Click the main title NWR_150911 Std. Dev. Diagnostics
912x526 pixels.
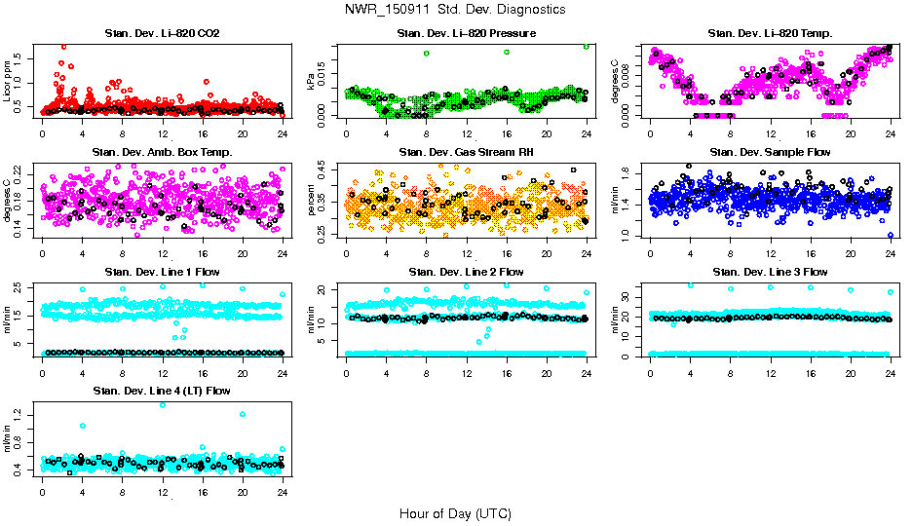coord(455,9)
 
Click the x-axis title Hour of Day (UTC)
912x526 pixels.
coord(455,512)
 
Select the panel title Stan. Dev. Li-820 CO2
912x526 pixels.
coord(162,34)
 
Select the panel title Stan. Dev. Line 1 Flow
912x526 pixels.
coord(162,272)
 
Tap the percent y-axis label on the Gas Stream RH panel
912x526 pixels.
coord(313,200)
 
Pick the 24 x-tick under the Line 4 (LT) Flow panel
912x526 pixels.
coord(283,492)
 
